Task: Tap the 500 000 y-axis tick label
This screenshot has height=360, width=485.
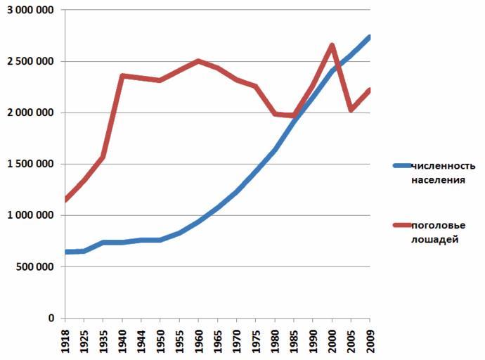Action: pos(34,267)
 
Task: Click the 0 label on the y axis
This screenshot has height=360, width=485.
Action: pos(51,319)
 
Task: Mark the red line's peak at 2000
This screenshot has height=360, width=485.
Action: pos(332,46)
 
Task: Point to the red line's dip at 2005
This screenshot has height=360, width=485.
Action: pos(351,110)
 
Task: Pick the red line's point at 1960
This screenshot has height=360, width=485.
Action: pos(199,61)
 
